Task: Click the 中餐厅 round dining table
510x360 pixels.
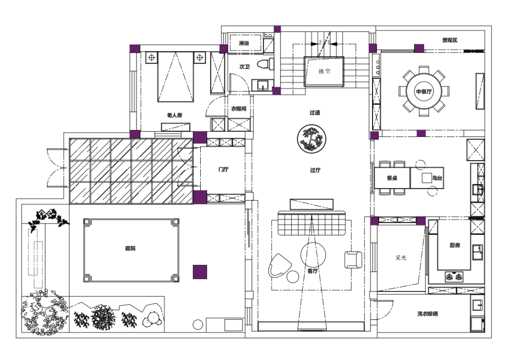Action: (424, 92)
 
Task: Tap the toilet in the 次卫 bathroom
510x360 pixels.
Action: (265, 64)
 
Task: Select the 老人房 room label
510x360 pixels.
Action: (175, 115)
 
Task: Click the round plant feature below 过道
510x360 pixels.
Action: (311, 138)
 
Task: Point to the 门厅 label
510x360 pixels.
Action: (223, 169)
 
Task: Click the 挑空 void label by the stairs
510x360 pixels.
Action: (324, 71)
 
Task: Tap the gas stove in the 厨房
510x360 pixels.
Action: (454, 277)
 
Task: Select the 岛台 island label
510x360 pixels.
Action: (437, 178)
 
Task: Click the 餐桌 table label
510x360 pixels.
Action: (392, 178)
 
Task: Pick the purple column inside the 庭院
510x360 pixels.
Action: (200, 272)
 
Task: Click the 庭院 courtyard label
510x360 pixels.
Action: (130, 249)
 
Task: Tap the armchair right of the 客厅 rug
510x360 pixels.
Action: (353, 260)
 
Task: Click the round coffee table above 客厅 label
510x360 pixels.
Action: (313, 255)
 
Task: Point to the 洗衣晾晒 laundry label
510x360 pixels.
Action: (427, 314)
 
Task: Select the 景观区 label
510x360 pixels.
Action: (450, 40)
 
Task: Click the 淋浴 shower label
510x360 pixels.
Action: (244, 43)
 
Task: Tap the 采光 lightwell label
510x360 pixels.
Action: (401, 258)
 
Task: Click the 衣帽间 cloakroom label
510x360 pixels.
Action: (239, 109)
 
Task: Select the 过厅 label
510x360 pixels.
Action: (315, 170)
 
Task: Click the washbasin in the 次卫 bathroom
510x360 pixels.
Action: (263, 86)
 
